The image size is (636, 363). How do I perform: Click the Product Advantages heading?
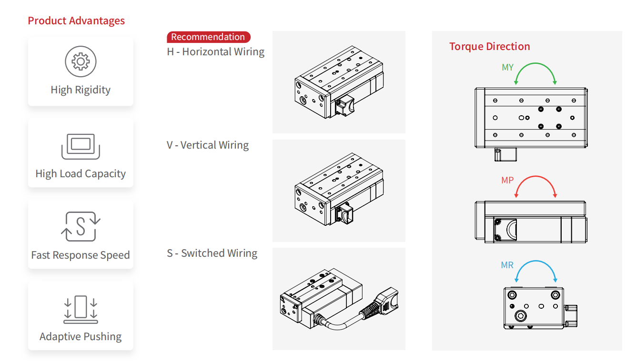[76, 21]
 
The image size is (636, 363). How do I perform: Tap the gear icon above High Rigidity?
[81, 61]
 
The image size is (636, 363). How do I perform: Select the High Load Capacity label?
[81, 174]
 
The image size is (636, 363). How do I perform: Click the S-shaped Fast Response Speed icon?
[81, 226]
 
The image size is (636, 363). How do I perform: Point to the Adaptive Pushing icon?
[81, 309]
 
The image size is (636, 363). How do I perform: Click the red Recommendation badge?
[208, 37]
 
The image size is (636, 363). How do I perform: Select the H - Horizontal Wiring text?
[215, 52]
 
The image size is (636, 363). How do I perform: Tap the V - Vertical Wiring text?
[208, 145]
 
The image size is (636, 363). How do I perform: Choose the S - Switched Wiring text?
[212, 253]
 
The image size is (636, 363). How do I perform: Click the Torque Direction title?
[489, 47]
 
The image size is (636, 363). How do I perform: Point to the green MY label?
[507, 68]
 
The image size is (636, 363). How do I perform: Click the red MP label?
[507, 181]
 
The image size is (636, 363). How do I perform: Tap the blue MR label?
[507, 265]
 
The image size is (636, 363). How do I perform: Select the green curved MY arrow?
[535, 65]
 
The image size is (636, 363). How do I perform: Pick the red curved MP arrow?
[535, 178]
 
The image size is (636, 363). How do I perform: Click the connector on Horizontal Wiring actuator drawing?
[344, 105]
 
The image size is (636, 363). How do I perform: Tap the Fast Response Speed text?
[81, 255]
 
